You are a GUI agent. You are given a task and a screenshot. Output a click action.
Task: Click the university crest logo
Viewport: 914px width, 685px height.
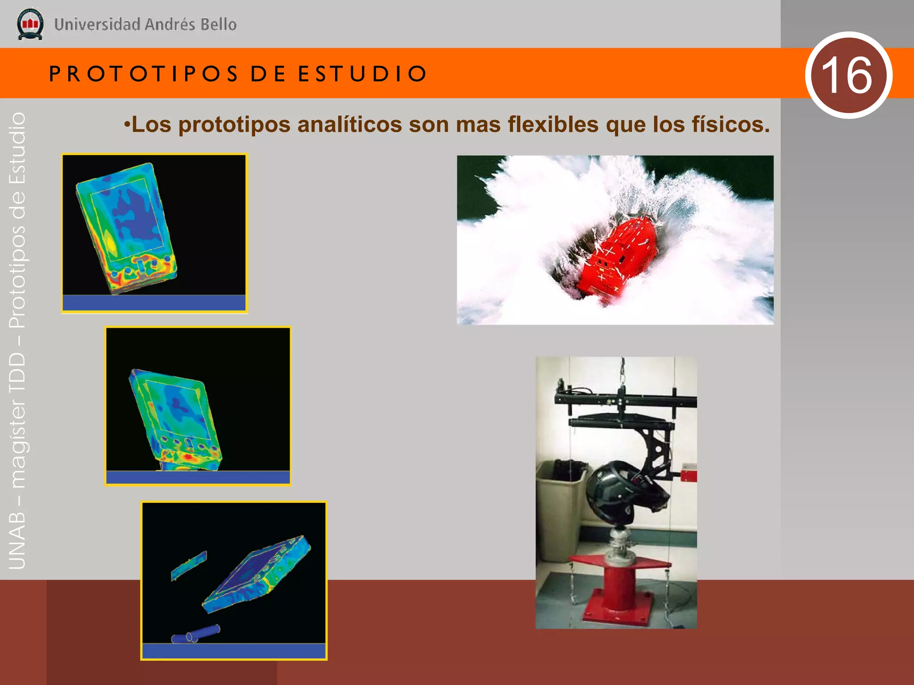30,24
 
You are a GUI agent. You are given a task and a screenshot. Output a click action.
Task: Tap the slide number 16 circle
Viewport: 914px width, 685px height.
848,75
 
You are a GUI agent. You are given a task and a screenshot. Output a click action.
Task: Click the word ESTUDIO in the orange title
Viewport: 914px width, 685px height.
362,74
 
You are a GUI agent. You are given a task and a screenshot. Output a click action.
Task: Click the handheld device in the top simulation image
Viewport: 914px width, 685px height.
127,227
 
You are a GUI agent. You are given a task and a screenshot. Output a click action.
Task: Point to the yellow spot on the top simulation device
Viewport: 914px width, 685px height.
110,243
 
